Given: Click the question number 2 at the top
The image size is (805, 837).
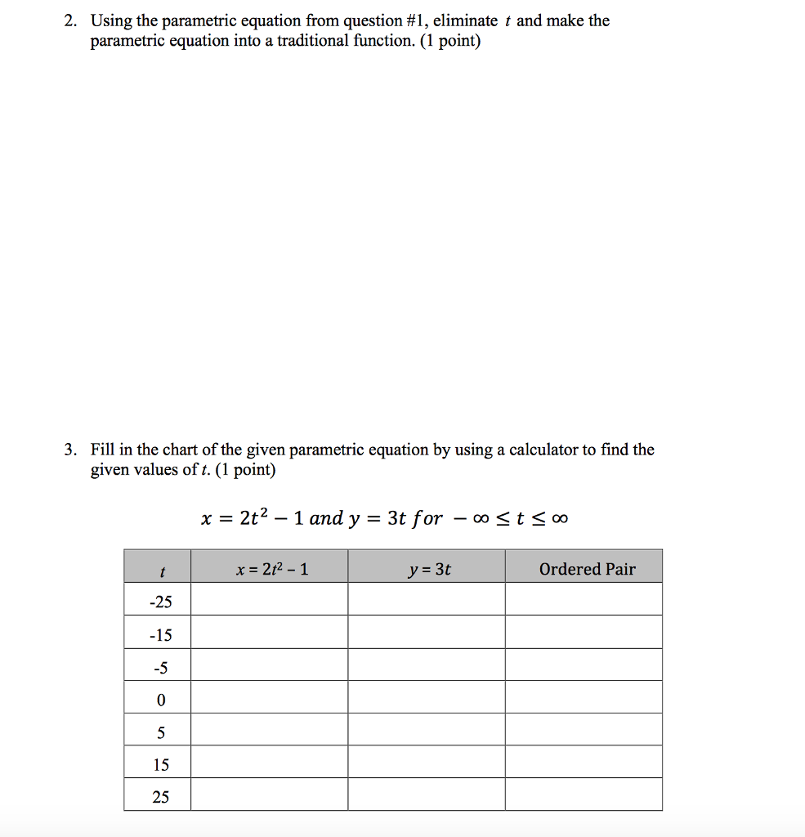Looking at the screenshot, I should (70, 21).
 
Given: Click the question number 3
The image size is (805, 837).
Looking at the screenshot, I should (70, 450).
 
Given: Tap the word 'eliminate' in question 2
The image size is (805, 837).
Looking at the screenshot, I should (465, 21).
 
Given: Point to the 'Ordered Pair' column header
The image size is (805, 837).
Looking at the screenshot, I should (587, 569).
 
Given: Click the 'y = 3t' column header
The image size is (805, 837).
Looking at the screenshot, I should (429, 569).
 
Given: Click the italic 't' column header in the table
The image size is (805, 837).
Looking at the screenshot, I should (163, 570).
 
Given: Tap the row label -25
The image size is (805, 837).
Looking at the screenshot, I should (161, 602).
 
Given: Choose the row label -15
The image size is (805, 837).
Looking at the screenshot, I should (161, 635).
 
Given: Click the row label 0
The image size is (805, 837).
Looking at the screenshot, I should (161, 700).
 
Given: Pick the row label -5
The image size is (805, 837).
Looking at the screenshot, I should (161, 668).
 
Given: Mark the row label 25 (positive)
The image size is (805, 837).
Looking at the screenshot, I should (161, 797).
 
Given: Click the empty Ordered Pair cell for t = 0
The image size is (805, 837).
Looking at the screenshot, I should (584, 697).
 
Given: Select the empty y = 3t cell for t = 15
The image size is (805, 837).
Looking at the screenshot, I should (426, 762).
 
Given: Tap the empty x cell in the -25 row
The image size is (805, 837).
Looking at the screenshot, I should (269, 599).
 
